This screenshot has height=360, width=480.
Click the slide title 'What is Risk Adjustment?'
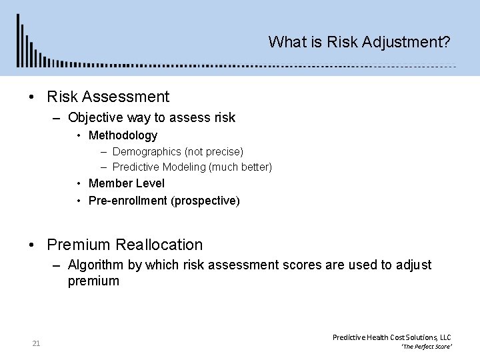pos(359,42)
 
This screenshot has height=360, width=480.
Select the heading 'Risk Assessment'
pos(108,97)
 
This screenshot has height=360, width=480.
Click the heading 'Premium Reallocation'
pos(125,245)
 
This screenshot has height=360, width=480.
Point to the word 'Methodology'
pos(123,135)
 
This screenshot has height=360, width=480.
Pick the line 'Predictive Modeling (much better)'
pos(192,166)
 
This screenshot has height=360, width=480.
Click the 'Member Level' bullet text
pos(127,183)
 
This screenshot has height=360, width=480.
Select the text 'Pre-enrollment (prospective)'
pos(164,200)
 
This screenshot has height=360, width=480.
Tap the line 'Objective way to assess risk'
pos(151,118)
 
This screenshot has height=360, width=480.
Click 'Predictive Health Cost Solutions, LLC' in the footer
pos(391,337)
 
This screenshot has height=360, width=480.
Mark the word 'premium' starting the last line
pos(93,281)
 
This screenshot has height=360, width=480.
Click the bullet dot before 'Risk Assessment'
pos(33,97)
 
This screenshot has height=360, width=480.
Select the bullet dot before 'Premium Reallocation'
pos(33,245)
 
